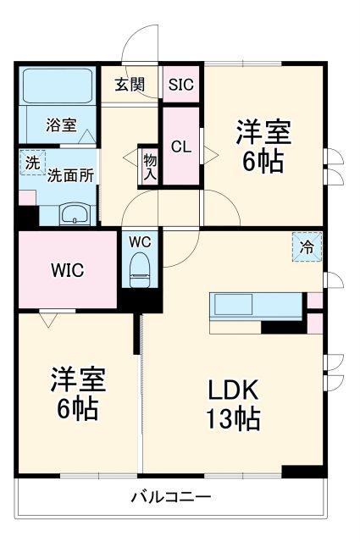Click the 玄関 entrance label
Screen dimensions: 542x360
point(130,84)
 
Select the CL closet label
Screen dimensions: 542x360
point(180,146)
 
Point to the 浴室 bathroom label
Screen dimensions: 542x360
point(60,125)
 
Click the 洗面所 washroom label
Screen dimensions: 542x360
point(70,175)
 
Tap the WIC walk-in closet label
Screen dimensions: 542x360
point(65,271)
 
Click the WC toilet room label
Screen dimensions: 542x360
point(140,241)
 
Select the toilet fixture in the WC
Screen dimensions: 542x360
point(139,270)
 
